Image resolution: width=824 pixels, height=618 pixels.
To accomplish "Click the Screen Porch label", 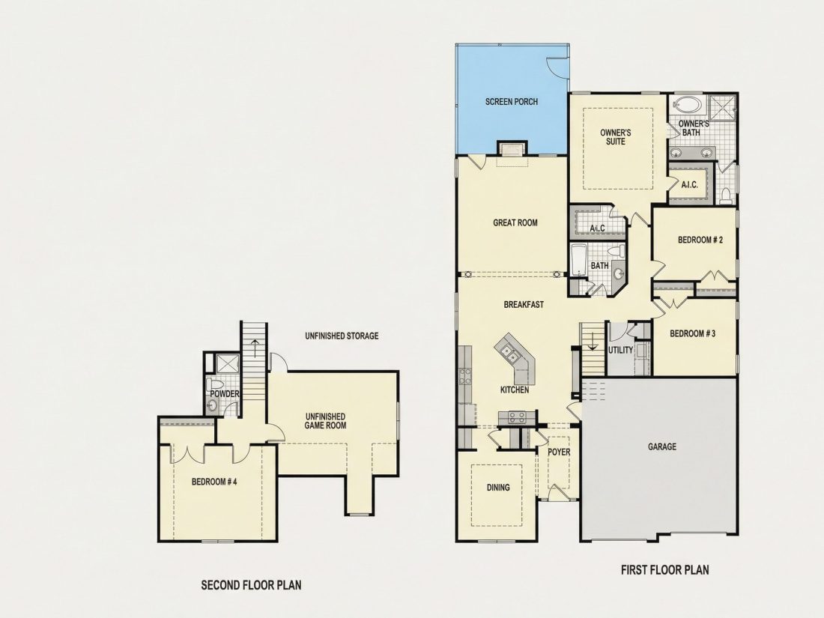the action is tap(512, 101).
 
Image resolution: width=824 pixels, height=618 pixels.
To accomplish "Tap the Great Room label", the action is tap(515, 222).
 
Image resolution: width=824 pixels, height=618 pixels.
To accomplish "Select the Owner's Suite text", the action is tap(615, 136).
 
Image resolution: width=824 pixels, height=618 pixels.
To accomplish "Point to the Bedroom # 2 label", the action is tap(700, 240).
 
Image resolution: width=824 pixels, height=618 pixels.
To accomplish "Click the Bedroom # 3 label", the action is tap(692, 333).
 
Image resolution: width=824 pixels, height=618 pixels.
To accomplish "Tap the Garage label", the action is tap(661, 446).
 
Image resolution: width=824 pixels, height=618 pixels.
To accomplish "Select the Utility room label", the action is tap(620, 350).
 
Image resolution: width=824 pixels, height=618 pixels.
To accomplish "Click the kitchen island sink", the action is tap(508, 351).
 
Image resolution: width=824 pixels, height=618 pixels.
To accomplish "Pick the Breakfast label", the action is tap(524, 304).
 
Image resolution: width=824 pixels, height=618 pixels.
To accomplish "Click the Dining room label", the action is tap(497, 487).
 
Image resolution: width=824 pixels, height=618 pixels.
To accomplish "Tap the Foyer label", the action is tap(559, 452).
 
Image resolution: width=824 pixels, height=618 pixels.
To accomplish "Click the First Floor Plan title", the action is tap(664, 569).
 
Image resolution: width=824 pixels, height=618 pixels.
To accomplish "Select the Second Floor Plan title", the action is tap(251, 584).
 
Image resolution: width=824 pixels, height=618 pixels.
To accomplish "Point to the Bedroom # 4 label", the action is tap(214, 481).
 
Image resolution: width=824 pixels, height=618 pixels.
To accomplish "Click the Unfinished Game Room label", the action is tap(325, 420).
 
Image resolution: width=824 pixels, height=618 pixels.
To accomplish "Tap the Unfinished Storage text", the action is tap(342, 336).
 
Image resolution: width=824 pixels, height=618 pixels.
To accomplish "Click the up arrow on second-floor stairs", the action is tap(255, 348).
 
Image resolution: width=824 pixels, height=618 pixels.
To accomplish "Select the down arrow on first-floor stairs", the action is tap(593, 342).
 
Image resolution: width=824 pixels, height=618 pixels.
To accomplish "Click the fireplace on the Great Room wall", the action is tap(512, 149).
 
